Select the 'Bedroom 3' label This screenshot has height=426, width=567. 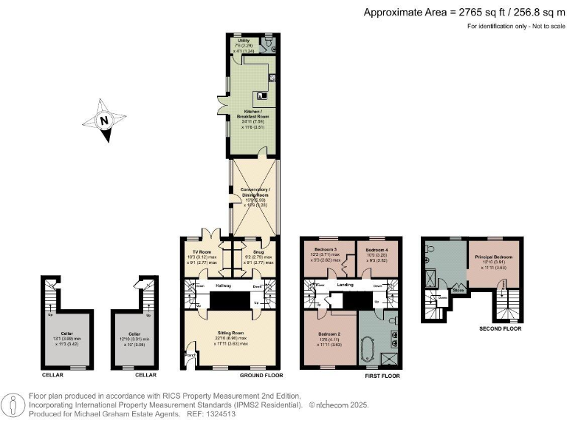click(x=325, y=248)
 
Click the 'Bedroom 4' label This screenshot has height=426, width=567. click(x=377, y=248)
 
